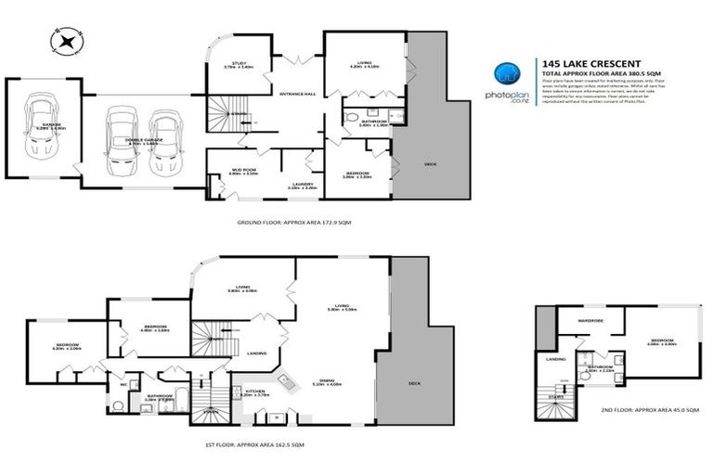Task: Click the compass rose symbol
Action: coord(68,40)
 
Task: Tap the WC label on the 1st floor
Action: coord(123,383)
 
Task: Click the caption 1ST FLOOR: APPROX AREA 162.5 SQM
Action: coord(253,445)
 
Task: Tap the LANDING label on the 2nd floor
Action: coord(556,359)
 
